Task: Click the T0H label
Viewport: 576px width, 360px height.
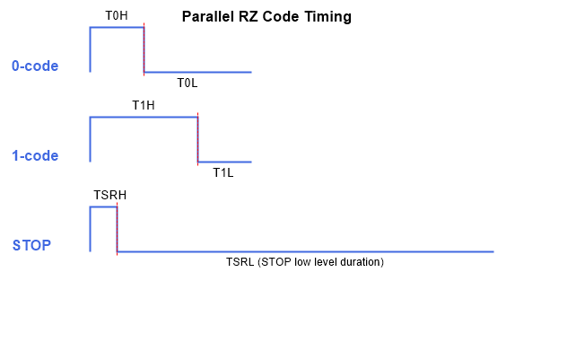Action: pos(117,16)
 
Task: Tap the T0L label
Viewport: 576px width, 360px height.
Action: pos(188,83)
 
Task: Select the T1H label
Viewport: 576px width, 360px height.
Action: pos(144,106)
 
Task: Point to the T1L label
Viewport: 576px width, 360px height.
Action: pos(223,173)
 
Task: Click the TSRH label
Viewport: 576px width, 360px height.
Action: pos(109,195)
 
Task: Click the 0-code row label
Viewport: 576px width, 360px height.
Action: pos(35,66)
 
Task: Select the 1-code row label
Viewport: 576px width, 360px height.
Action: pos(35,155)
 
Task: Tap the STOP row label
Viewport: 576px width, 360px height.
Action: pos(31,245)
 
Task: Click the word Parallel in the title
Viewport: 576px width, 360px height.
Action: pos(208,16)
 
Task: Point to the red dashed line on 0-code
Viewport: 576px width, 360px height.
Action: pos(144,49)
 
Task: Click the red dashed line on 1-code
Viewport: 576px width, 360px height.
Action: pos(197,139)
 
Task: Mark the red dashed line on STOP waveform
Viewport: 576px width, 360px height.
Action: pos(117,229)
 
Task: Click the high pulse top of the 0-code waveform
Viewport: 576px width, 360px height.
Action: pos(117,27)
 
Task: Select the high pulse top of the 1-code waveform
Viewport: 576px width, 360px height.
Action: pos(144,118)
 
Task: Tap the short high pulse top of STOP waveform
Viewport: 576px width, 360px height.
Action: pos(103,207)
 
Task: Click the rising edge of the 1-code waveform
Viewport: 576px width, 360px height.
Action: pos(90,139)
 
